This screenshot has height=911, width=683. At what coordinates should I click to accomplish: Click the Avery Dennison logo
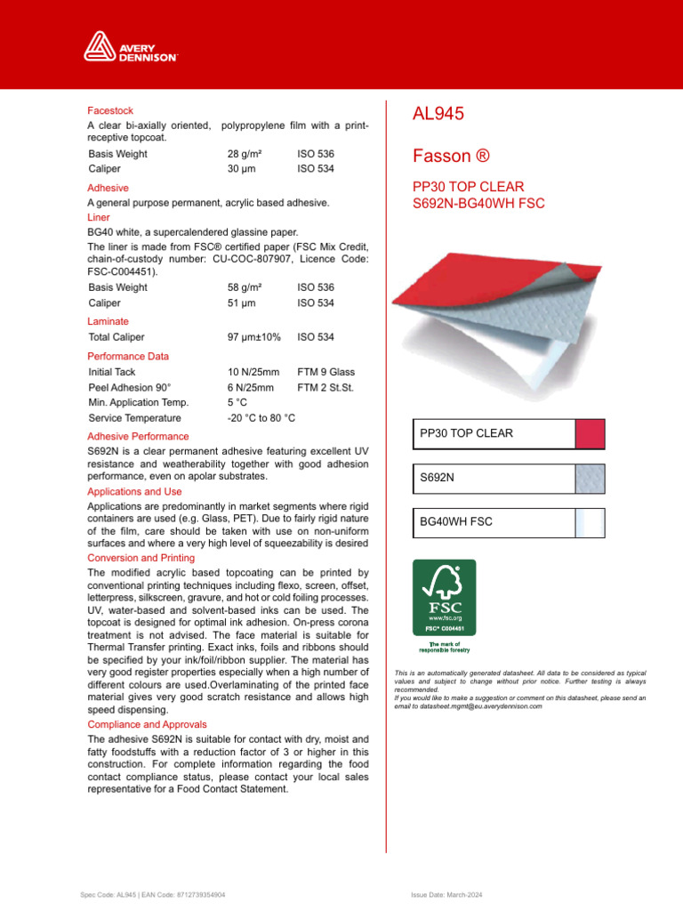[x=131, y=45]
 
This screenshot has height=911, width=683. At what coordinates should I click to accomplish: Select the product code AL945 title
[x=438, y=114]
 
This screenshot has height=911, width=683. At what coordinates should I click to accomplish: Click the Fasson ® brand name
[x=451, y=157]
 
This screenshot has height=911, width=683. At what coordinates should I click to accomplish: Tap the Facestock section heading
[x=110, y=110]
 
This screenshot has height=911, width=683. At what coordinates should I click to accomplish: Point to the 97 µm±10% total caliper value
[x=254, y=337]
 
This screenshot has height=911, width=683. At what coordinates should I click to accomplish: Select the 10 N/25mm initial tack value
[x=253, y=372]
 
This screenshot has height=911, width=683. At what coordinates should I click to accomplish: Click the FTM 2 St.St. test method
[x=325, y=388]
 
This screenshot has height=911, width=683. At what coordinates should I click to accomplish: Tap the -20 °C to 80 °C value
[x=261, y=418]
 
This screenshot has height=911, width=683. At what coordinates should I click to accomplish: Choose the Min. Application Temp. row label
[x=139, y=403]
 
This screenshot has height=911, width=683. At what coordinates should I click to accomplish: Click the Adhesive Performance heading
[x=138, y=437]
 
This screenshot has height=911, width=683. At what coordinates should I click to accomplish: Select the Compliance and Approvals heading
[x=147, y=725]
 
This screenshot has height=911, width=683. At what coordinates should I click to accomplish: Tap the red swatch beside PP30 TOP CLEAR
[x=591, y=434]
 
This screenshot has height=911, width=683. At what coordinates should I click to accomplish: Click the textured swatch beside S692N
[x=591, y=479]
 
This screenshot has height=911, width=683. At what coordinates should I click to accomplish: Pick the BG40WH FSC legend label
[x=455, y=523]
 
